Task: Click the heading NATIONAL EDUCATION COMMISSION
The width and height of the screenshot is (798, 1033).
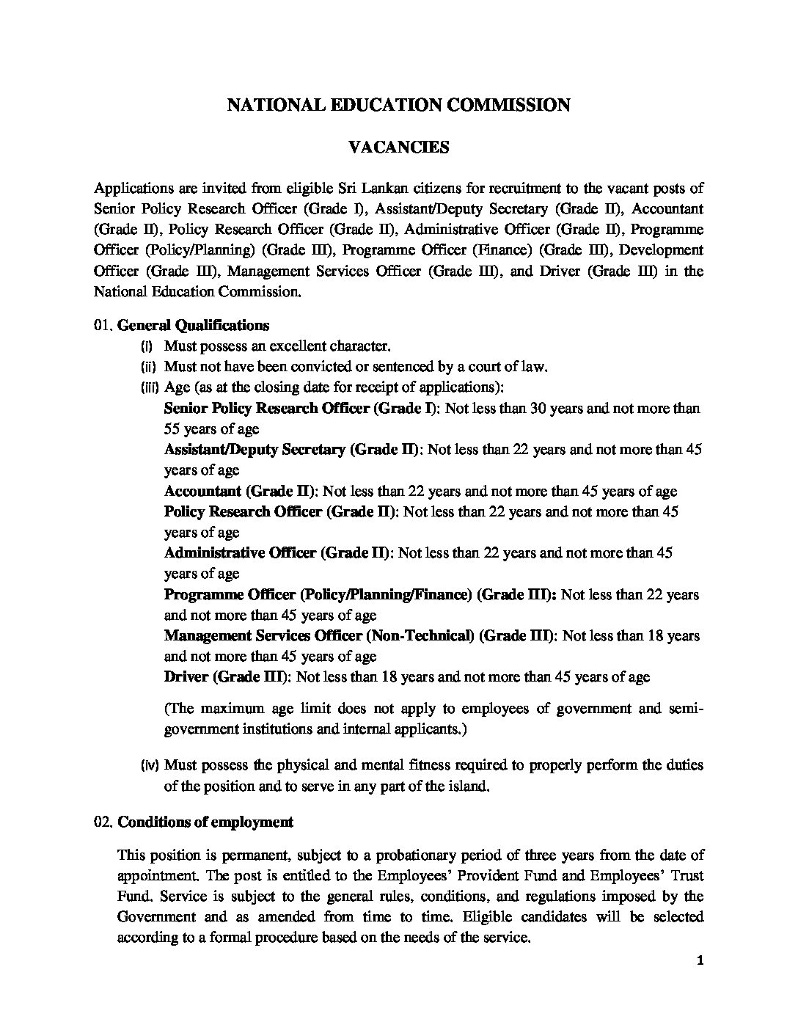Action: (x=398, y=105)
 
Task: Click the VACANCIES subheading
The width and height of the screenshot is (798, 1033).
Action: (x=398, y=147)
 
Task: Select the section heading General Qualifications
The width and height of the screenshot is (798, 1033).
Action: (x=193, y=325)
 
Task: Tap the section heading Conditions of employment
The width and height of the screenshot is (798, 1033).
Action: (x=205, y=822)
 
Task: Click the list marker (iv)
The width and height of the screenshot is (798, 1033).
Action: (x=149, y=765)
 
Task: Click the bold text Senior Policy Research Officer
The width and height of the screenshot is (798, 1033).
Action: (x=267, y=408)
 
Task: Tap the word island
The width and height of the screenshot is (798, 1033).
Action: (x=465, y=786)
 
